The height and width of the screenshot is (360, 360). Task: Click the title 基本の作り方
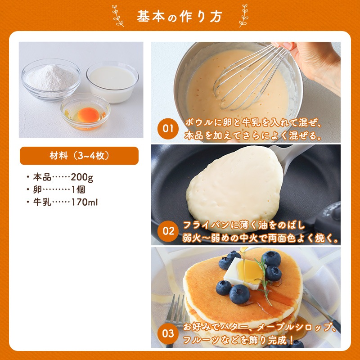pyautogui.click(x=179, y=17)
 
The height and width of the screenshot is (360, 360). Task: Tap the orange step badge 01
pyautogui.click(x=168, y=129)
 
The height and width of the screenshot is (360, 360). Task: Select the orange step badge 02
pyautogui.click(x=168, y=231)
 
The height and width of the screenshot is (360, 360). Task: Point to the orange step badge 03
pyautogui.click(x=168, y=333)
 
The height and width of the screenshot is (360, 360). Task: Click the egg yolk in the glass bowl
pyautogui.click(x=88, y=115)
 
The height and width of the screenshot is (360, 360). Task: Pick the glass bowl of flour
pyautogui.click(x=51, y=79)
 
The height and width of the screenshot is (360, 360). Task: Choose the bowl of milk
pyautogui.click(x=112, y=82)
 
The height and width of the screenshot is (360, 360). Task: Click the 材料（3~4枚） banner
pyautogui.click(x=79, y=156)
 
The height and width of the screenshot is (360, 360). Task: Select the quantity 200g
pyautogui.click(x=82, y=177)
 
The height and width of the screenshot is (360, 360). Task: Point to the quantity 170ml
pyautogui.click(x=85, y=202)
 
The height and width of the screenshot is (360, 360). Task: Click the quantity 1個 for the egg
pyautogui.click(x=78, y=189)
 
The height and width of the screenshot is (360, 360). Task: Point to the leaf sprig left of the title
pyautogui.click(x=118, y=16)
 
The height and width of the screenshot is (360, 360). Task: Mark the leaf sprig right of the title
pyautogui.click(x=243, y=16)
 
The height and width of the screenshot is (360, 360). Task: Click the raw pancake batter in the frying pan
pyautogui.click(x=234, y=189)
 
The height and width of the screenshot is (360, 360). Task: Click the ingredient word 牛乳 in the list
pyautogui.click(x=42, y=202)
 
